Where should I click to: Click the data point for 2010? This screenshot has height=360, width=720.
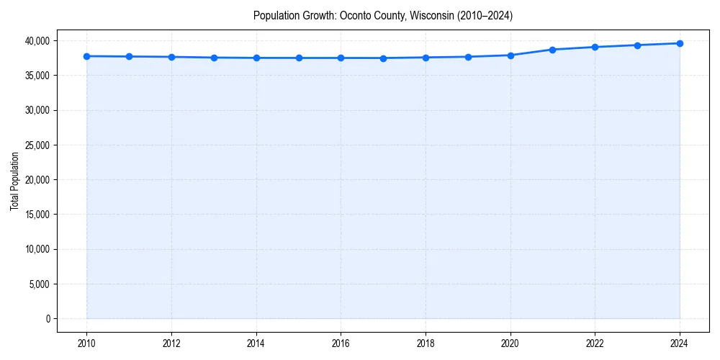coord(86,56)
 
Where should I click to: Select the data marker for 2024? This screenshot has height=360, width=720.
coord(680,43)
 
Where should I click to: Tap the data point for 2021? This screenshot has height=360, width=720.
coord(552,50)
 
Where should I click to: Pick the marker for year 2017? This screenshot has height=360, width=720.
coord(383,58)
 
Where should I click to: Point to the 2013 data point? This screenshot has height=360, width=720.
coord(214,58)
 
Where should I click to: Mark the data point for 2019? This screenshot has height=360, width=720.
coord(468,57)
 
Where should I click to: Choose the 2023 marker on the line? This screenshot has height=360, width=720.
coord(637,45)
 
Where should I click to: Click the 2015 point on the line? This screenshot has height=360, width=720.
coord(299,58)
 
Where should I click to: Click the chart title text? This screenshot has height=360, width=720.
coord(383,16)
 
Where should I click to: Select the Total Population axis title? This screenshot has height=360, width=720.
coord(14,181)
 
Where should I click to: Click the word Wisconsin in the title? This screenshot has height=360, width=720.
coord(430,16)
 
